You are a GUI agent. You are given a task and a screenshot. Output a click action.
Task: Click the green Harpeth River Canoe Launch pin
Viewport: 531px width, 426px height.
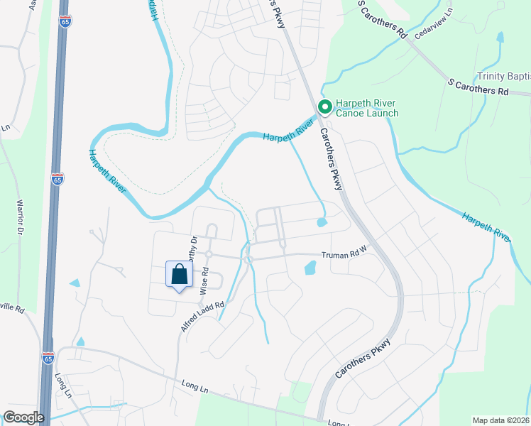point(325,107)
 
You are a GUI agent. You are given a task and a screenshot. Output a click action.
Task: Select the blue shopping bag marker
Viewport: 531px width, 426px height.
point(179,275)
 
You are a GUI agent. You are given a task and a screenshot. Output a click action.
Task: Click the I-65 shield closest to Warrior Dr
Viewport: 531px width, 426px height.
point(58,179)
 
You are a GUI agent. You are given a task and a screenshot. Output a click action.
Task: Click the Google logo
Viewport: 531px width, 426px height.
point(24,417)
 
